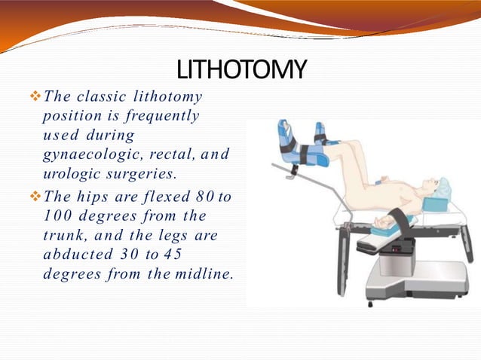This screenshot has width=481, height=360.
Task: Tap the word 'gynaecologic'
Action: (89, 154)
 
